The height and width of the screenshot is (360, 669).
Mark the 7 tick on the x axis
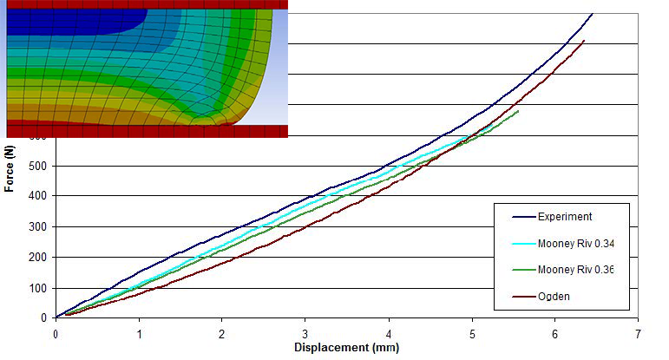(638, 333)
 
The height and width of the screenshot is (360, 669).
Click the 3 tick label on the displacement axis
(305, 333)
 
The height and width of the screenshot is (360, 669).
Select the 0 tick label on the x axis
(56, 333)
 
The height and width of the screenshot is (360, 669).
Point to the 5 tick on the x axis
(472, 333)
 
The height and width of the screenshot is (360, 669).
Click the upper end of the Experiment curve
(592, 14)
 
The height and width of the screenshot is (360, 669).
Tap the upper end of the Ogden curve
(584, 41)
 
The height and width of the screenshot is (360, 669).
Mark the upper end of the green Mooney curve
(518, 111)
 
